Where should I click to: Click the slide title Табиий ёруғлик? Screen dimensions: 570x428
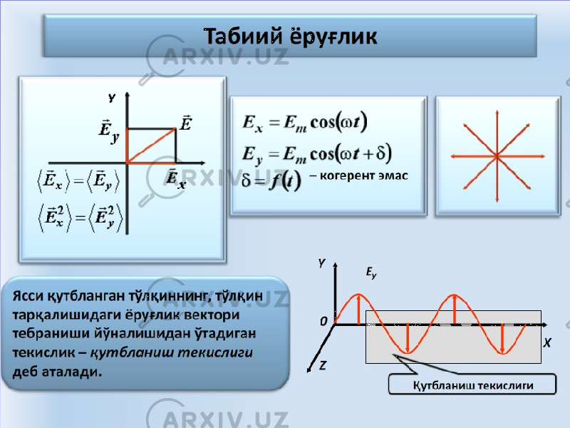pos(290,36)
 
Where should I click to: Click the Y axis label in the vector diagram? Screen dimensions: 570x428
pos(112,98)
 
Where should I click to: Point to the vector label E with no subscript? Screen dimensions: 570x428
pos(186,123)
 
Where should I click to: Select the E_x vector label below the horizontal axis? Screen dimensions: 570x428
pos(176,179)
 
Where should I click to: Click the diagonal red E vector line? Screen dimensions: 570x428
pos(151,146)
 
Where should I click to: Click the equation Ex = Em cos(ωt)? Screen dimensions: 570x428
pos(305,123)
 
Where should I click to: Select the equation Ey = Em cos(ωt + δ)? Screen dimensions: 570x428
pos(317,154)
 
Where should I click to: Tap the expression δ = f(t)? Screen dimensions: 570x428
pos(271,180)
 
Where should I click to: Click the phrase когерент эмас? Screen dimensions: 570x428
pos(359,175)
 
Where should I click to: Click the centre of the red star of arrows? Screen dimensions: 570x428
pos(497,156)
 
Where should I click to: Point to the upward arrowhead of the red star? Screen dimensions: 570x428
pos(497,113)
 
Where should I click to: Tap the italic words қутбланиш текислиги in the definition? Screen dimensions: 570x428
pos(171,352)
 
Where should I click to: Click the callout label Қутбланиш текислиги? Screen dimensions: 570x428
pos(473,385)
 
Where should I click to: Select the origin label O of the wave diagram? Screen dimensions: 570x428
pos(323,322)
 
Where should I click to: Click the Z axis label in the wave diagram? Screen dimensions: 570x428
pos(323,365)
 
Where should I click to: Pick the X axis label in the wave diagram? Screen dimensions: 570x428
pos(547,343)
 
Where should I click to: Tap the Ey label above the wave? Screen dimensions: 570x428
pos(370,272)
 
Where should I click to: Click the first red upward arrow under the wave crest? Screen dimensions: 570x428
pos(359,309)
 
